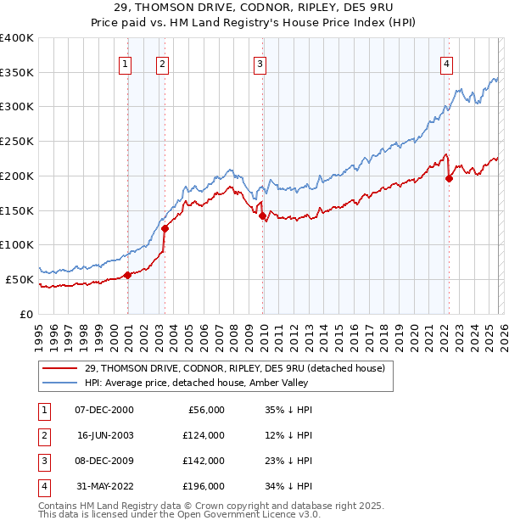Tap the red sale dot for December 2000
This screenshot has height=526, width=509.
coord(127,275)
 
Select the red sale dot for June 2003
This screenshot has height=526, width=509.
coord(165,228)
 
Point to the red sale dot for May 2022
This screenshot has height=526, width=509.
coord(449,178)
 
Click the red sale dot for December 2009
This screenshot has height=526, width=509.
coord(262,215)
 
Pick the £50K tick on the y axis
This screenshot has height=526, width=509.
coord(20,279)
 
